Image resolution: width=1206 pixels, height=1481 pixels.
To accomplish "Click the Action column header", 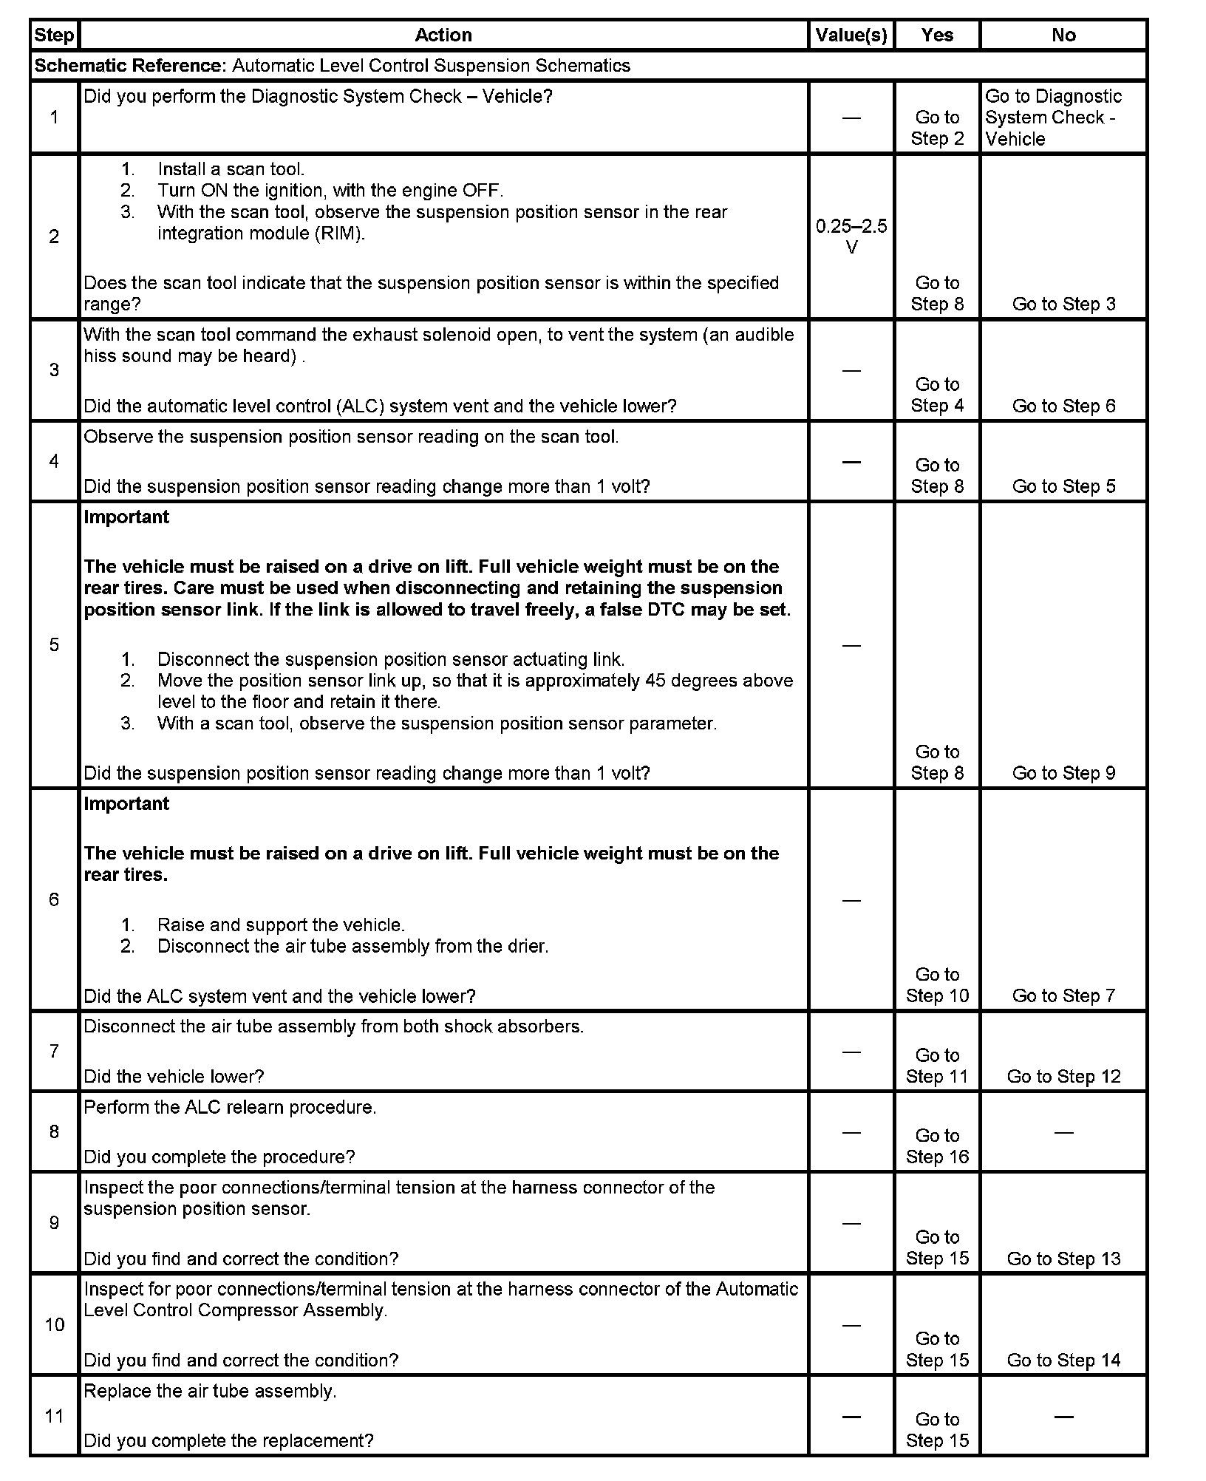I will [443, 35].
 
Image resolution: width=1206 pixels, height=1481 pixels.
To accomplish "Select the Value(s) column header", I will [851, 35].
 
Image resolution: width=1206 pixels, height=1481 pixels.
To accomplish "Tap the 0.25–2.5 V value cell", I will [851, 236].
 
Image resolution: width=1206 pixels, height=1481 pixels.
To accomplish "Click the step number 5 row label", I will [54, 644].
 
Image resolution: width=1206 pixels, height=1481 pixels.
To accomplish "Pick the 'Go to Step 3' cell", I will [1063, 304].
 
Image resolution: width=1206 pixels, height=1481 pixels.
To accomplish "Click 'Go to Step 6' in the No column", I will [1063, 406].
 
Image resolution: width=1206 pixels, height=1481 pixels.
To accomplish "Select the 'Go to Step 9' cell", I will [1063, 773].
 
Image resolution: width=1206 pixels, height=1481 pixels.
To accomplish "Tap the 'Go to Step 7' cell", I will [1063, 995].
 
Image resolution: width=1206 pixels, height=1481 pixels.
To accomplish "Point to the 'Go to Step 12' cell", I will [1063, 1077].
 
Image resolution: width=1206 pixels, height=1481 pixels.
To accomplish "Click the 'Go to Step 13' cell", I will [1063, 1259].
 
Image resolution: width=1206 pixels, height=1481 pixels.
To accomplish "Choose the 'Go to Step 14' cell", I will [1063, 1361].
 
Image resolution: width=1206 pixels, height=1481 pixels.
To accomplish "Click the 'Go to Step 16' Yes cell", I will [937, 1146].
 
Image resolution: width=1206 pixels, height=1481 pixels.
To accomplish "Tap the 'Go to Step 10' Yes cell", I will [937, 985].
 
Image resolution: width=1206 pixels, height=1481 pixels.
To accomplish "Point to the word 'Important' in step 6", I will [126, 803].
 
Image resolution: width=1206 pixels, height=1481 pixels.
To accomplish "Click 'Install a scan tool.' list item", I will [231, 169].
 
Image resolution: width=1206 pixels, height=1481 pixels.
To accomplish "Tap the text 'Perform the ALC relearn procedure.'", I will [230, 1107].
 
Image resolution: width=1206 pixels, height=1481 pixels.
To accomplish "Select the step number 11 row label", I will [54, 1416].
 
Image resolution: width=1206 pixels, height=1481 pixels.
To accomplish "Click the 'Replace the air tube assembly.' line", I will [210, 1391].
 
